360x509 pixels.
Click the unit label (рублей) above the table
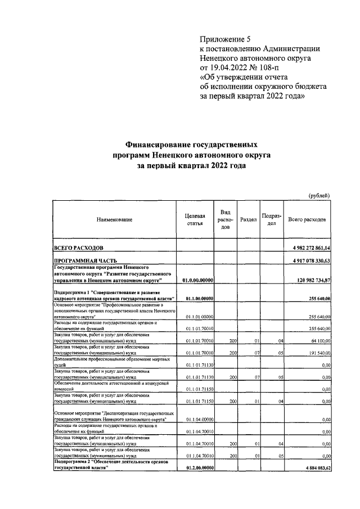[319, 195]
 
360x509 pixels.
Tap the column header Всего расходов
[307, 220]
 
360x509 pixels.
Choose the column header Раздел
[248, 220]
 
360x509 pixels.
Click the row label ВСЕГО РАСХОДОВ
[78, 247]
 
